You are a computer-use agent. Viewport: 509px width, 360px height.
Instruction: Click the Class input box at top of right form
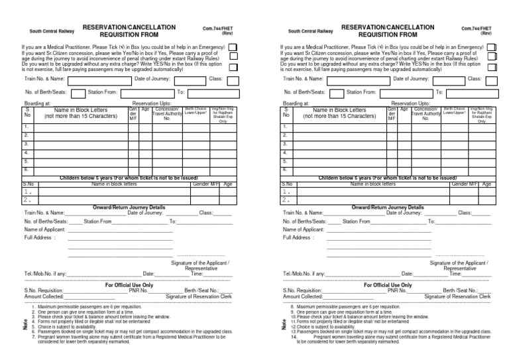[x=494, y=79]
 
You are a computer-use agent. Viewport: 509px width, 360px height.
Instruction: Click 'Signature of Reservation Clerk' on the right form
[x=457, y=296]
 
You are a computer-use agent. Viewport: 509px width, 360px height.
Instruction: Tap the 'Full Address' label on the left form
[x=40, y=237]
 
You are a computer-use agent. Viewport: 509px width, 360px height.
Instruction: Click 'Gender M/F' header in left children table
[x=204, y=184]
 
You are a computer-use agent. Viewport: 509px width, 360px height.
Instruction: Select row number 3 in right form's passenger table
[x=285, y=144]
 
